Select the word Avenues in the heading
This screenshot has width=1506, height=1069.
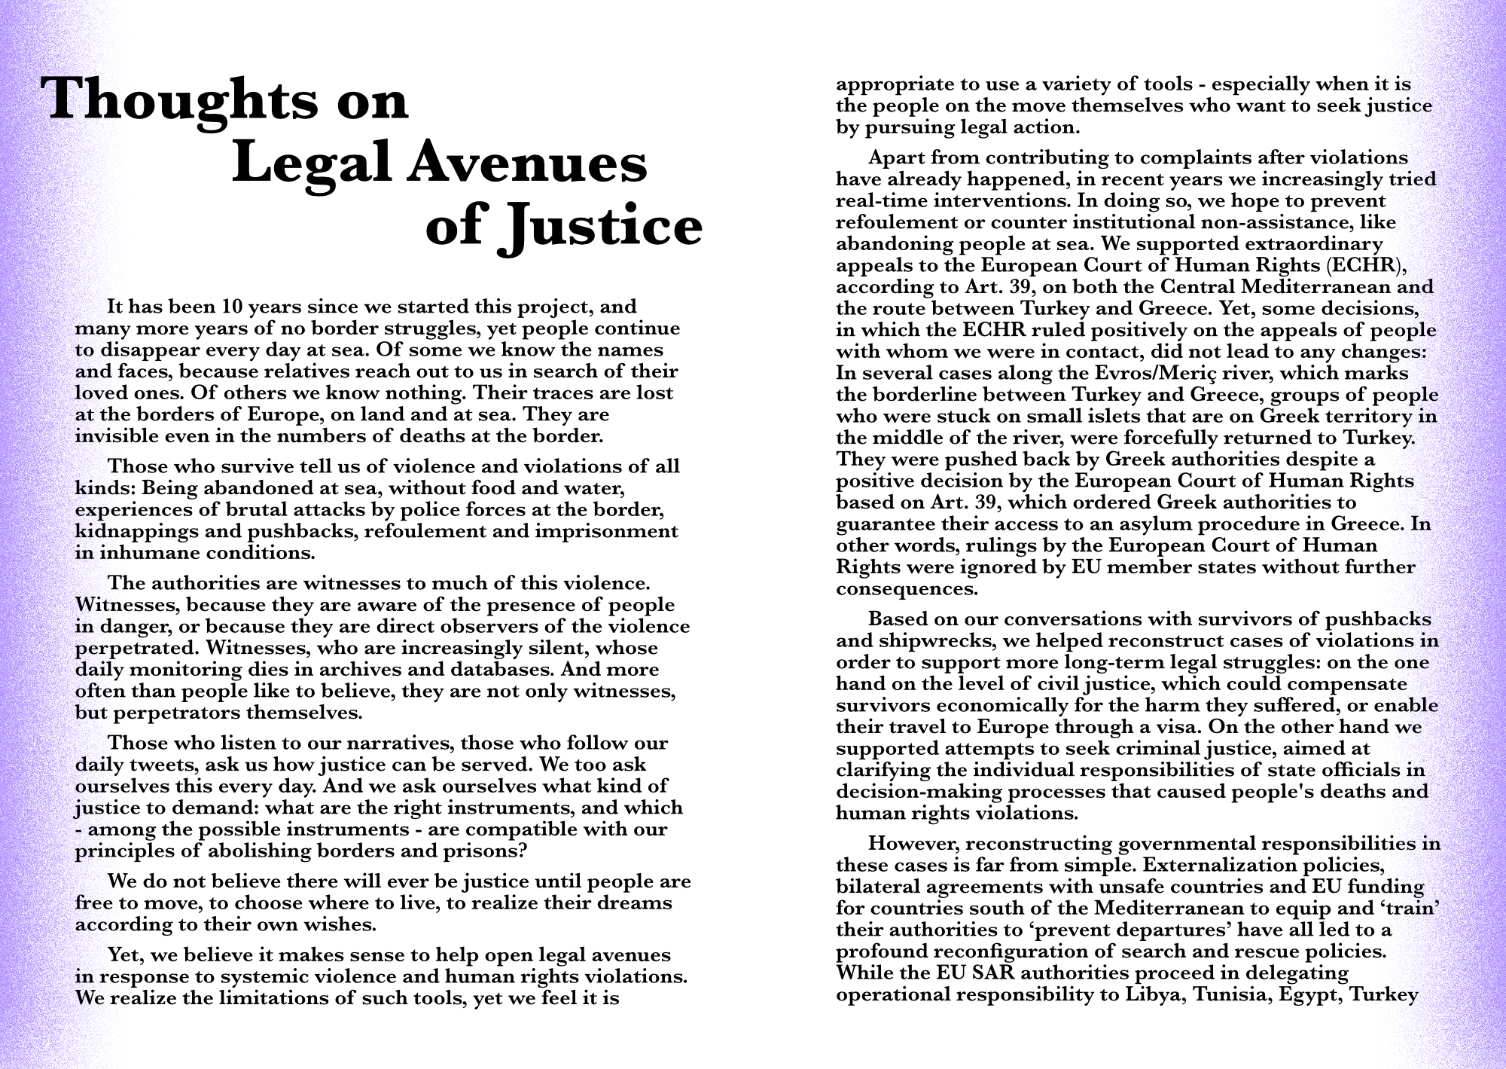click(x=526, y=163)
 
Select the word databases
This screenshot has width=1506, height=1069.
click(x=499, y=670)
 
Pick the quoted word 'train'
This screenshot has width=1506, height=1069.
click(x=1409, y=909)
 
